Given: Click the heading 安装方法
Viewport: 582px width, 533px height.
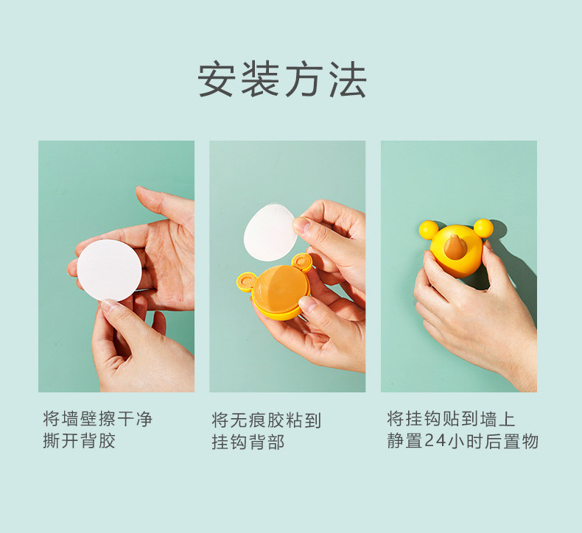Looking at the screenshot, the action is point(282,80).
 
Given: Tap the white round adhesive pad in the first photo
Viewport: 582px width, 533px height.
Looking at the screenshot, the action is point(109,270).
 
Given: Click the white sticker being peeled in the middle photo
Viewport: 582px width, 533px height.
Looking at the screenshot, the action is point(270,232).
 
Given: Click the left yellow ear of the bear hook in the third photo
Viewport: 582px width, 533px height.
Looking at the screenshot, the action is point(428,229).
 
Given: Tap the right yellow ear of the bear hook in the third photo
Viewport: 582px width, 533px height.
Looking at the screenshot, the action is point(483,227).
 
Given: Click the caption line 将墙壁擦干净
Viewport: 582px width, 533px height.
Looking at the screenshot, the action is point(98,419).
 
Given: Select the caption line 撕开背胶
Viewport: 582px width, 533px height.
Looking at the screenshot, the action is point(79,441).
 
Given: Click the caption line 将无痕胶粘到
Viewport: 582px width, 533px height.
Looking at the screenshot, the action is point(266,420).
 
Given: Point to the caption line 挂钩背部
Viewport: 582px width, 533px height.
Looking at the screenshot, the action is point(248,442).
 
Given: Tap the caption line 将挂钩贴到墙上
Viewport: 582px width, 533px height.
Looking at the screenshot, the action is point(451,419).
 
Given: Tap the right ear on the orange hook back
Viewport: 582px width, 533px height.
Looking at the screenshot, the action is point(302,261).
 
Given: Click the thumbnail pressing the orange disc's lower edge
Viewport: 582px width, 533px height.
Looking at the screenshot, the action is point(307,303).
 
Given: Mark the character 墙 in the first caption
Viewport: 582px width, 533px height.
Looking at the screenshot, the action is point(70,419).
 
